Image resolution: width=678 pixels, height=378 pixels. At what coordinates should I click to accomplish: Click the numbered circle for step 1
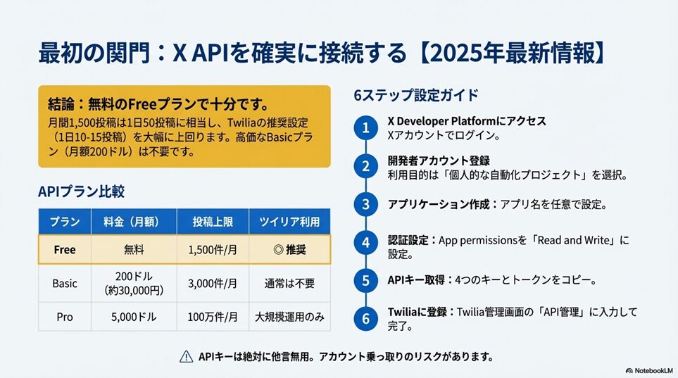coord(366,128)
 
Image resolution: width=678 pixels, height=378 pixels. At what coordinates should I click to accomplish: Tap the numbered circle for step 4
coord(366,243)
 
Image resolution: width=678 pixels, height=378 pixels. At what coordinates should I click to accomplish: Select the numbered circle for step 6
coord(366,319)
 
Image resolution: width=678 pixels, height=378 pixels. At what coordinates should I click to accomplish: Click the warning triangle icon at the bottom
coord(187,356)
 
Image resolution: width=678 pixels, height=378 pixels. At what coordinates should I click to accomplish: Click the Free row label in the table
coord(65,250)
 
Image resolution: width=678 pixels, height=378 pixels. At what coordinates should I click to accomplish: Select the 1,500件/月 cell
coord(213,250)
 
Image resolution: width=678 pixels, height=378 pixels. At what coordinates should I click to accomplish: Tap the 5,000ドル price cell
coord(134,317)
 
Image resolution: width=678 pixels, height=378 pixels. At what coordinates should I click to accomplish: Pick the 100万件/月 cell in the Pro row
coord(213,317)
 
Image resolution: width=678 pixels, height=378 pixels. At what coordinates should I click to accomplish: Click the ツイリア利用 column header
coord(289,222)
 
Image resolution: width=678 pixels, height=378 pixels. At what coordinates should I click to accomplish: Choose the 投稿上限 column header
coord(213,222)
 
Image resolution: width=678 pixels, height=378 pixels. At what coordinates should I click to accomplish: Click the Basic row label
coord(65,283)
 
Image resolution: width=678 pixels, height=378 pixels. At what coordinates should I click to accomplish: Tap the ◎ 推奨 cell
coord(289,250)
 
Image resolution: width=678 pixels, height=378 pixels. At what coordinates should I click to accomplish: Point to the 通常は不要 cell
coord(289,283)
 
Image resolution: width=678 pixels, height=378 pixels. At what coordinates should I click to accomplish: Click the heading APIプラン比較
coord(81,191)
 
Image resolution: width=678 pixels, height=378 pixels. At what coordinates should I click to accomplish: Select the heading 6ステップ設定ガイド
coord(416,95)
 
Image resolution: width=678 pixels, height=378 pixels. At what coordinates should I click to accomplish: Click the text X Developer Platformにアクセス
coord(467,120)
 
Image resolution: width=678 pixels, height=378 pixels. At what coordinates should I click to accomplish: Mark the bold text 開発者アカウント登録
coord(439,161)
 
